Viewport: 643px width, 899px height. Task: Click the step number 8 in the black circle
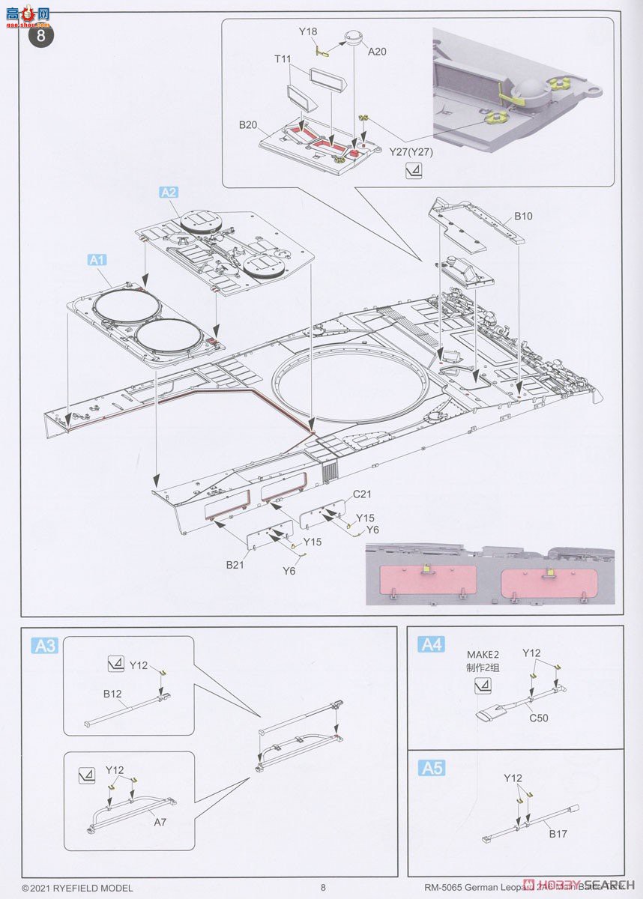(41, 35)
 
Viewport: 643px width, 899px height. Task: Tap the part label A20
(377, 51)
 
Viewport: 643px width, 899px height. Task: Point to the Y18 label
(308, 32)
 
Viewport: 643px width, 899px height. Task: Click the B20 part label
(249, 124)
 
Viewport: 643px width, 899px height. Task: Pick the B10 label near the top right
(523, 216)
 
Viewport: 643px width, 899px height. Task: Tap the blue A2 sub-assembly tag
(169, 193)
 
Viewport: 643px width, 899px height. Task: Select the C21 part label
(363, 494)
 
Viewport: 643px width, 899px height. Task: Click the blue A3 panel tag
(46, 645)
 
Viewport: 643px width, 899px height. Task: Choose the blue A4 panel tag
(432, 644)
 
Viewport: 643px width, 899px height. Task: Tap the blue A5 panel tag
(432, 768)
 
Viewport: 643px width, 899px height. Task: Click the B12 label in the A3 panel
(112, 694)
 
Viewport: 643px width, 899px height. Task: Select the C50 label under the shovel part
(538, 718)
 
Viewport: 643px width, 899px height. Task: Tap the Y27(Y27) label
(411, 151)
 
